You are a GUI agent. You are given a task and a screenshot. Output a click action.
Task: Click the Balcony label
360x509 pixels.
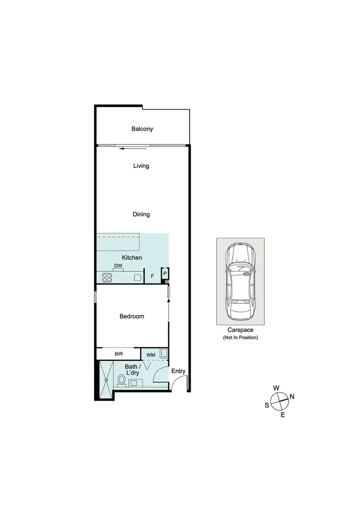(142, 129)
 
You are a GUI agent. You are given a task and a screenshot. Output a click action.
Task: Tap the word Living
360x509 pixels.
(141, 166)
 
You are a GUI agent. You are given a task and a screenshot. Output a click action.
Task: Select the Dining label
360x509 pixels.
(141, 214)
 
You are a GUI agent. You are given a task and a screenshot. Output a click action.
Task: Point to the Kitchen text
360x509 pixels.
(132, 258)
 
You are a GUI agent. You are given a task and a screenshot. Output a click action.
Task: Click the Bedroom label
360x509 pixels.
(132, 317)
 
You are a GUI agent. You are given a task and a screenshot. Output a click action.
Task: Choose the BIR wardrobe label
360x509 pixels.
(119, 355)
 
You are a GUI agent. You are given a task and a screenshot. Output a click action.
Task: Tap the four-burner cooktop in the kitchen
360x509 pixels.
(107, 277)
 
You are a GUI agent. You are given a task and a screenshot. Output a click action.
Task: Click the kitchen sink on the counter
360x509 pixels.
(137, 277)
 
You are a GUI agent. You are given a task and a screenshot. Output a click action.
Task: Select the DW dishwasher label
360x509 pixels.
(118, 265)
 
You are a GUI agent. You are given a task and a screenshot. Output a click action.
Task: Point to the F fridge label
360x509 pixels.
(152, 277)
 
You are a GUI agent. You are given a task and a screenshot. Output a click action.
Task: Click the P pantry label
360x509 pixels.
(165, 273)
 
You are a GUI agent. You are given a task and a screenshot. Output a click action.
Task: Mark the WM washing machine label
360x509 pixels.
(151, 355)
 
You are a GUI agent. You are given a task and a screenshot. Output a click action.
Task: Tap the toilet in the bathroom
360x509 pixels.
(121, 380)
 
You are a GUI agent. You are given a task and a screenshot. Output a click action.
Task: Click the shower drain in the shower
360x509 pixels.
(106, 380)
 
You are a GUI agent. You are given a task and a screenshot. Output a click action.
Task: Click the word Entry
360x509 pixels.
(178, 371)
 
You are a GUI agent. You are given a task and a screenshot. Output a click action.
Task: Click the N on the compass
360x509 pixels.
(292, 397)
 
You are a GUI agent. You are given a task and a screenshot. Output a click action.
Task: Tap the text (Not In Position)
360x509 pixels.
(240, 338)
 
